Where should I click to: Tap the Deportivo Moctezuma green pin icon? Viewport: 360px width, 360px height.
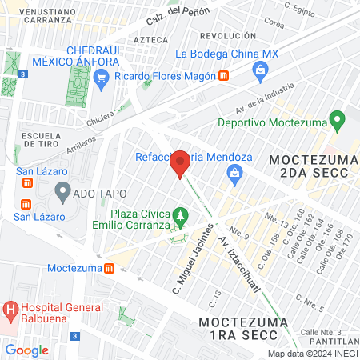tap(337, 122)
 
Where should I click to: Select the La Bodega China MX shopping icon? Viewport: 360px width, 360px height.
tap(261, 70)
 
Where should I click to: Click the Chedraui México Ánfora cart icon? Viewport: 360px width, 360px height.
tap(101, 76)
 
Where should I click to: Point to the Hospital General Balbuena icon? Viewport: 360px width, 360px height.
tap(10, 309)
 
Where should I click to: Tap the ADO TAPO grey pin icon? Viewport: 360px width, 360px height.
tap(62, 192)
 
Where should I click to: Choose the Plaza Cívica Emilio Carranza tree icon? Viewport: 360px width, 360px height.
tap(182, 216)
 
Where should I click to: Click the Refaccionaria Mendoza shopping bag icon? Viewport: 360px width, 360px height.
tap(234, 173)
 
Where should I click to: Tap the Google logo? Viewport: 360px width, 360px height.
tap(27, 350)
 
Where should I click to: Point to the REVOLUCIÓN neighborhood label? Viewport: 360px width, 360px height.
tap(228, 36)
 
